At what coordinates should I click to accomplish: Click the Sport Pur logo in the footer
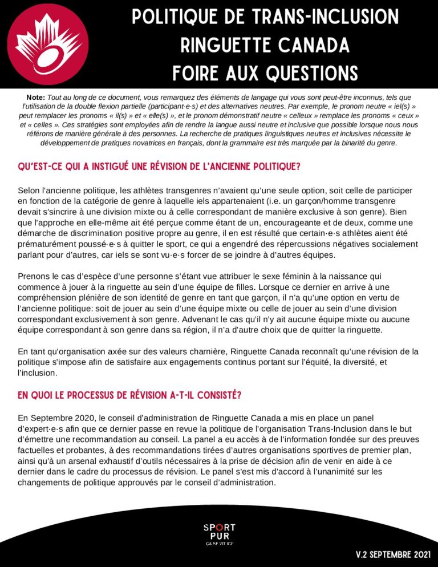pyautogui.click(x=219, y=533)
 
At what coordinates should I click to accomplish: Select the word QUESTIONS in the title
pyautogui.click(x=307, y=72)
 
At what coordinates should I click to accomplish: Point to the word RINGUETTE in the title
pyautogui.click(x=213, y=44)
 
